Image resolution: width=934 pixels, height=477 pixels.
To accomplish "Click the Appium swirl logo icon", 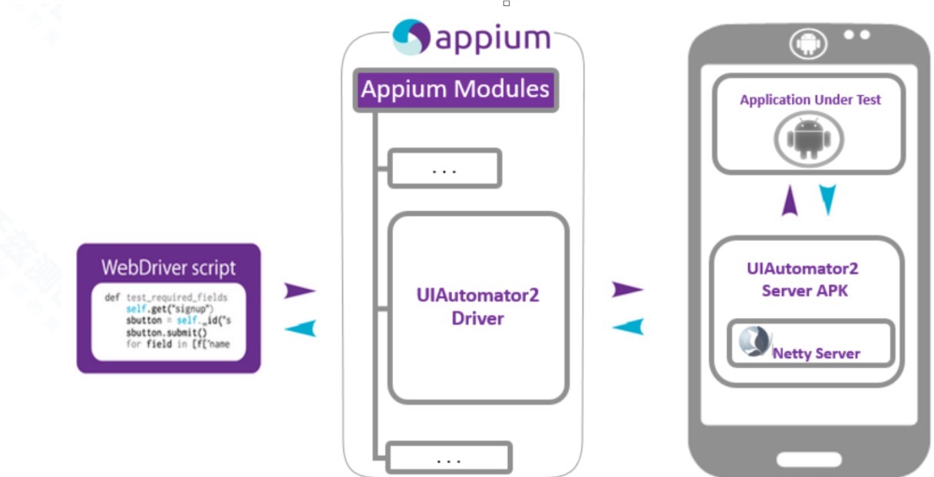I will click(x=411, y=37).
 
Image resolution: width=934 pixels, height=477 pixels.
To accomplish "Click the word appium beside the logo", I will click(x=493, y=38).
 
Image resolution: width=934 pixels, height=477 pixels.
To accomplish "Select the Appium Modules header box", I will click(x=455, y=90).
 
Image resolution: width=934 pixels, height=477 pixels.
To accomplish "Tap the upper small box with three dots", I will click(x=444, y=169).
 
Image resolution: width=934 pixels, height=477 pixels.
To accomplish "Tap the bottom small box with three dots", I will click(x=448, y=459).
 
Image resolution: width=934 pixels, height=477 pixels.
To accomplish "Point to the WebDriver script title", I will click(x=169, y=268).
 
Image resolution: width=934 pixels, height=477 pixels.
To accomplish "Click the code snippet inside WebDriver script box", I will click(x=167, y=323).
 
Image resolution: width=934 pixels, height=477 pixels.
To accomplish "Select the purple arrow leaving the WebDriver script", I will click(x=299, y=291).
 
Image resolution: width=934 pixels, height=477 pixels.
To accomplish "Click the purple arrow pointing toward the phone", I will click(x=627, y=289).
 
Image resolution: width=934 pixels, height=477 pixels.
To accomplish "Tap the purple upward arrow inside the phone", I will click(x=790, y=202).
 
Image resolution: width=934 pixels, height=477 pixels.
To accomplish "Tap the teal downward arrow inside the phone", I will click(x=827, y=200).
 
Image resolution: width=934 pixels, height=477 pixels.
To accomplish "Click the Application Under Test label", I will click(x=810, y=100).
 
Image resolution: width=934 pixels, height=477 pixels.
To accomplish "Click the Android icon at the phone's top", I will click(x=808, y=44).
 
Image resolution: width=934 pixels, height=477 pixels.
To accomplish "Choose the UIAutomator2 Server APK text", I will click(x=803, y=279).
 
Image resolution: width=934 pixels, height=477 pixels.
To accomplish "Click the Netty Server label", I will click(x=815, y=354).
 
